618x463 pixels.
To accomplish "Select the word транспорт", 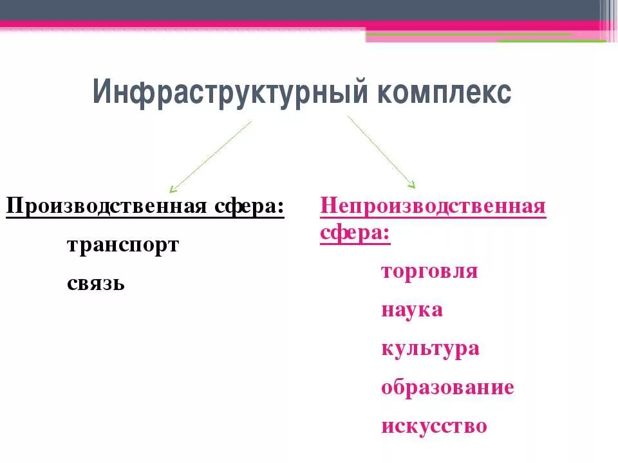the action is pos(122,246).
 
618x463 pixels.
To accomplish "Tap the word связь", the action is pos(95,283).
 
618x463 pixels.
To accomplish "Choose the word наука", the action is pos(412,310).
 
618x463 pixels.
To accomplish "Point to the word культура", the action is pos(430,349).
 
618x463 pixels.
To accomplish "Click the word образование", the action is pos(447,388).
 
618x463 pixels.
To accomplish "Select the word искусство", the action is pos(434,426).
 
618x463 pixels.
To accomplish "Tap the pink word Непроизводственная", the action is pos(433,207).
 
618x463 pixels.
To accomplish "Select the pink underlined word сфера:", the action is pos(355,232).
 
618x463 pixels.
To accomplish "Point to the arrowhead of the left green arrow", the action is pos(171,190).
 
